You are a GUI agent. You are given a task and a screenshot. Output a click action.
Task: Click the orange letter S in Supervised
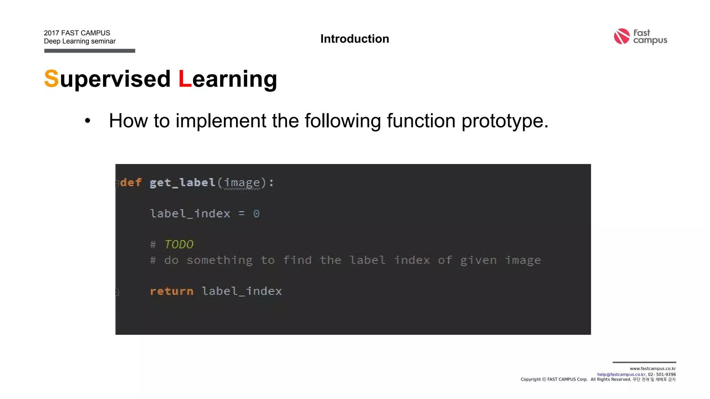coord(51,79)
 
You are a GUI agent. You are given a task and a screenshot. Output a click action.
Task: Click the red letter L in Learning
coord(185,79)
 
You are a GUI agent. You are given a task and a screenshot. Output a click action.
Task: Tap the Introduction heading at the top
coord(354,39)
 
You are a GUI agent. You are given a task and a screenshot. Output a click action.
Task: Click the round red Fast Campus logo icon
coord(622,36)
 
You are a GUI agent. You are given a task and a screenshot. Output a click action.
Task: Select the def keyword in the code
coord(131,183)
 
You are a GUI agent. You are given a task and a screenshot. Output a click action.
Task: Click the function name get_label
coord(182,183)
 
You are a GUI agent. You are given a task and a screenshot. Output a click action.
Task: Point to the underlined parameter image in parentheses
coord(242,183)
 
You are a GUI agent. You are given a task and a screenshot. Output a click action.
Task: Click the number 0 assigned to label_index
coord(256,214)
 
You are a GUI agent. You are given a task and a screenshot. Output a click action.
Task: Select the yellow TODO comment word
coord(179,245)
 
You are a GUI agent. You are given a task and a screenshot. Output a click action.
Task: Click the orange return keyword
coord(172,291)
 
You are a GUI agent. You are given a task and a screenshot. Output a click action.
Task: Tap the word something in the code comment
coord(219,260)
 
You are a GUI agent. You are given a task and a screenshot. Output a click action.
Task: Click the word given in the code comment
coord(478,260)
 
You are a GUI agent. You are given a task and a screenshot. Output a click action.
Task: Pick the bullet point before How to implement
coord(87,121)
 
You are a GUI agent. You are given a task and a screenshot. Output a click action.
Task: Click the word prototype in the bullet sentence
coord(504,121)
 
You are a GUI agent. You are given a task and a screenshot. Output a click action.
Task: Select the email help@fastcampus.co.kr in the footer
coord(621,374)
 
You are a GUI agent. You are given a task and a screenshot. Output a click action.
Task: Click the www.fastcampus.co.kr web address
coord(652,369)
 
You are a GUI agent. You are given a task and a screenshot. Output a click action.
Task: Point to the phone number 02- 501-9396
coord(662,374)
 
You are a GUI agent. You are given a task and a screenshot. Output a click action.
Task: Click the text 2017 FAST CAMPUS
coord(77,33)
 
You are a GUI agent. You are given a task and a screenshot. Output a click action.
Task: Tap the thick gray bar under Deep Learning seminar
coord(89,51)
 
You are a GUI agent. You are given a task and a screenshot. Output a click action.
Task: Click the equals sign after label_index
coord(242,214)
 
